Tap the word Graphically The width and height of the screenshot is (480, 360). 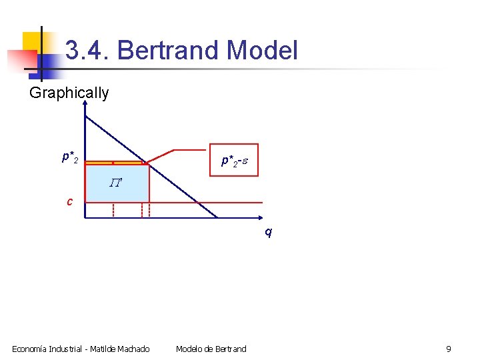(x=69, y=93)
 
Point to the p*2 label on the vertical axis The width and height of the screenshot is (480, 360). (x=70, y=158)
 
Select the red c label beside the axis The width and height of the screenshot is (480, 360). (x=69, y=201)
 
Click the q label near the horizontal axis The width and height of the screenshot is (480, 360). (x=268, y=233)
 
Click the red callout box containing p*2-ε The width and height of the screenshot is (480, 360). (x=233, y=160)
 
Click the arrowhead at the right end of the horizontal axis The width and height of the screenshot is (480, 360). (x=261, y=218)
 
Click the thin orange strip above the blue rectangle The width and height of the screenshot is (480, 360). (x=117, y=163)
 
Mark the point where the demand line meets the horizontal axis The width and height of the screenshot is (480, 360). (x=217, y=217)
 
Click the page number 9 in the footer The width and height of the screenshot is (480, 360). (x=449, y=349)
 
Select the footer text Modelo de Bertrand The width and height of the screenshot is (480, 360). (x=211, y=349)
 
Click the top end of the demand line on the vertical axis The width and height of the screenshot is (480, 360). (x=86, y=115)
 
